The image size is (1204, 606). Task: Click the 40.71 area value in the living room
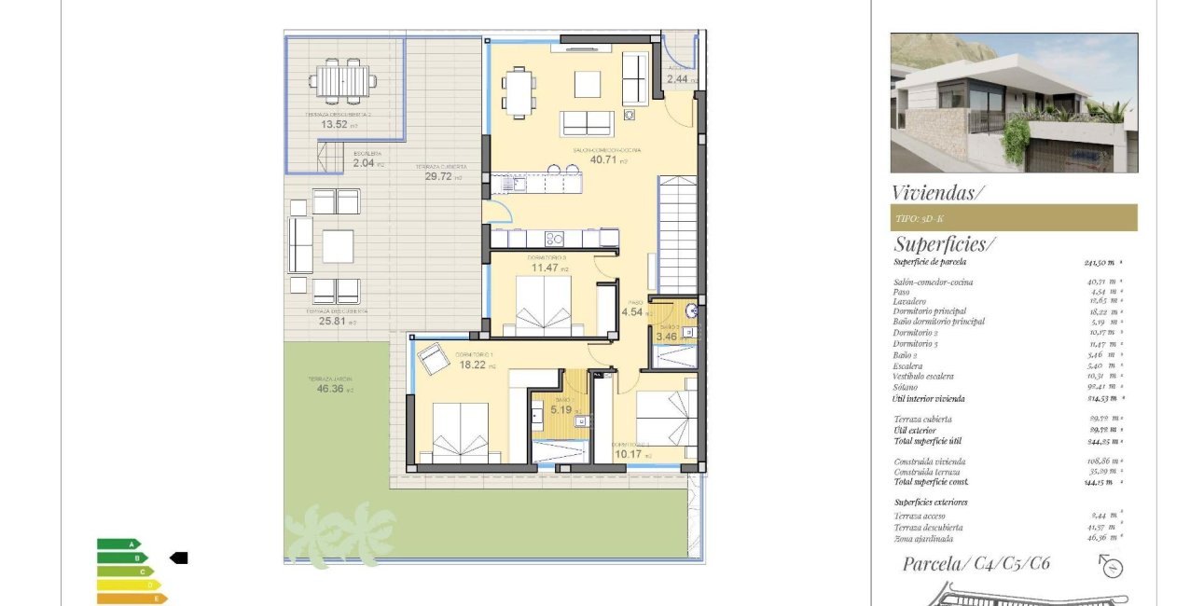tap(603, 159)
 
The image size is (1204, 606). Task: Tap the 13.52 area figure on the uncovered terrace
tap(335, 124)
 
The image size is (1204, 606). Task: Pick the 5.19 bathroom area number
tap(560, 409)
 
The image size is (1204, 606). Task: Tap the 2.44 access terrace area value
tap(676, 79)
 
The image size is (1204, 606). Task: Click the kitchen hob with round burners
tap(554, 238)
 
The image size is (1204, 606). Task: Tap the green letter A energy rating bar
tap(118, 544)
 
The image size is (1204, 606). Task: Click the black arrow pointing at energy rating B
tap(178, 558)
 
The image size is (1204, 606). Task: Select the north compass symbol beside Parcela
tap(1112, 566)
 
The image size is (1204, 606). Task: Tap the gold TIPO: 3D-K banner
tap(1013, 217)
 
